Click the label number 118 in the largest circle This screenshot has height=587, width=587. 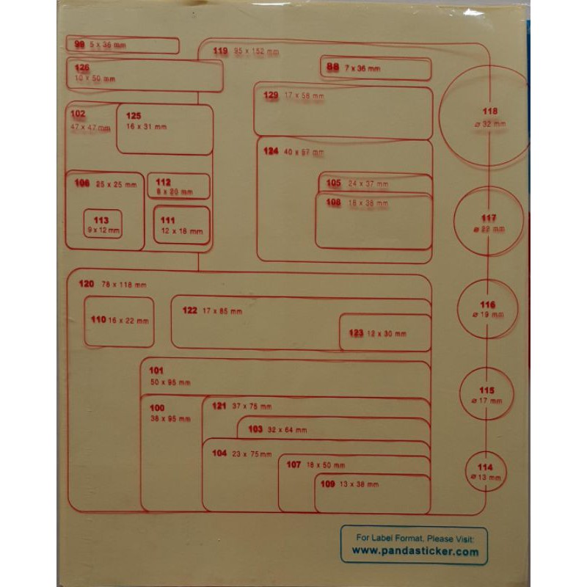[489, 112]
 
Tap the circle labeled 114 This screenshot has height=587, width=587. [485, 473]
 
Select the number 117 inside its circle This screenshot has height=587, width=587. [489, 218]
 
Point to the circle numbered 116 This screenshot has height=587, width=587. [488, 309]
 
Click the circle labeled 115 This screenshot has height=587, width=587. [487, 395]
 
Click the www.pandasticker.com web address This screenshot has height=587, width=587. [415, 551]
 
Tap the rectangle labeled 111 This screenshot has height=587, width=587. [181, 225]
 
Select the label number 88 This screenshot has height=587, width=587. [333, 68]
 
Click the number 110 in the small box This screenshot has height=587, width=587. [98, 320]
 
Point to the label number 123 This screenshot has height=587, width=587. [356, 333]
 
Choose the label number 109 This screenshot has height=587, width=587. [327, 484]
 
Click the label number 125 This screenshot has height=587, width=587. [133, 116]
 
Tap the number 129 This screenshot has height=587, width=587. [271, 95]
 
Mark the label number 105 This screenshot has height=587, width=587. [334, 183]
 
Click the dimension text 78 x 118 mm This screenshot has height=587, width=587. [124, 284]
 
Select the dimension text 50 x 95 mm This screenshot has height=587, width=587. [169, 382]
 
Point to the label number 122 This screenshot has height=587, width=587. [189, 310]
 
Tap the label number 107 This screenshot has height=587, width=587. [293, 464]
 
